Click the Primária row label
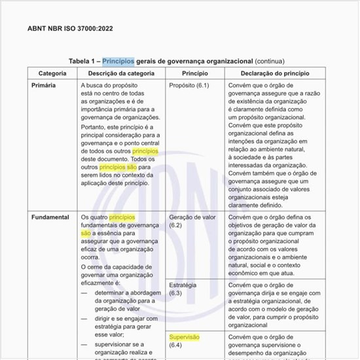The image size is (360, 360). [45, 85]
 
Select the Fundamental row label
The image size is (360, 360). [50, 217]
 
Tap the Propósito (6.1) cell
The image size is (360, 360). [189, 85]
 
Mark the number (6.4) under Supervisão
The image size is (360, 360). [175, 345]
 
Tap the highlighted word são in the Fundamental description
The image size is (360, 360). [86, 232]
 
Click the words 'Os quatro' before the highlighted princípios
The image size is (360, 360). [94, 217]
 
